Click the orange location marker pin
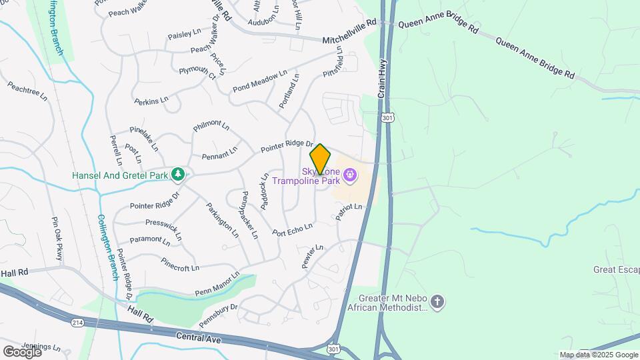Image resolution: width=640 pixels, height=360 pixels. point(321,159)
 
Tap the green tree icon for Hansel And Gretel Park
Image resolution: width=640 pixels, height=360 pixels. point(178,175)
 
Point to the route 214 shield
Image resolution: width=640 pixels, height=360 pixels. point(77,322)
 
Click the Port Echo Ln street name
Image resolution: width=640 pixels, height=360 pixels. point(292,229)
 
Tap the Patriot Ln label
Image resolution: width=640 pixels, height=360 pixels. point(349,211)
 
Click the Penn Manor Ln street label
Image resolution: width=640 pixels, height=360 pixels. point(217,284)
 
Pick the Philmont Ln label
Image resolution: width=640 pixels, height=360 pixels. point(211,126)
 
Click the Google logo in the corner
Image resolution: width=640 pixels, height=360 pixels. point(22,351)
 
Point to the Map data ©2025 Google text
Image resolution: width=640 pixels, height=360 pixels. point(599,355)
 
